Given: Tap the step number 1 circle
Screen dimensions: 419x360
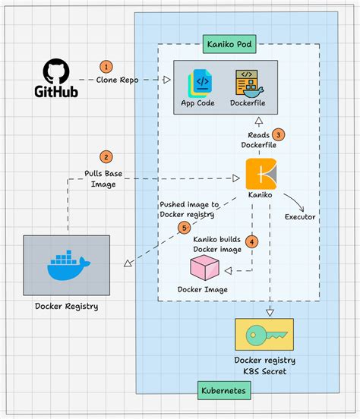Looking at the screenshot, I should (106, 67).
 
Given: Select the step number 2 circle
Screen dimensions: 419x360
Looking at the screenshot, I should (107, 157).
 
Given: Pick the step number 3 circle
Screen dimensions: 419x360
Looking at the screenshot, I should (279, 134).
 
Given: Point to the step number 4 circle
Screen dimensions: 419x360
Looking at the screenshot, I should (253, 241).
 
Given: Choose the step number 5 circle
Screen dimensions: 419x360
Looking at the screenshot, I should (183, 227).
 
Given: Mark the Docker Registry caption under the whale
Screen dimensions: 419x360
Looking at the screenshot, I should (66, 307).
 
